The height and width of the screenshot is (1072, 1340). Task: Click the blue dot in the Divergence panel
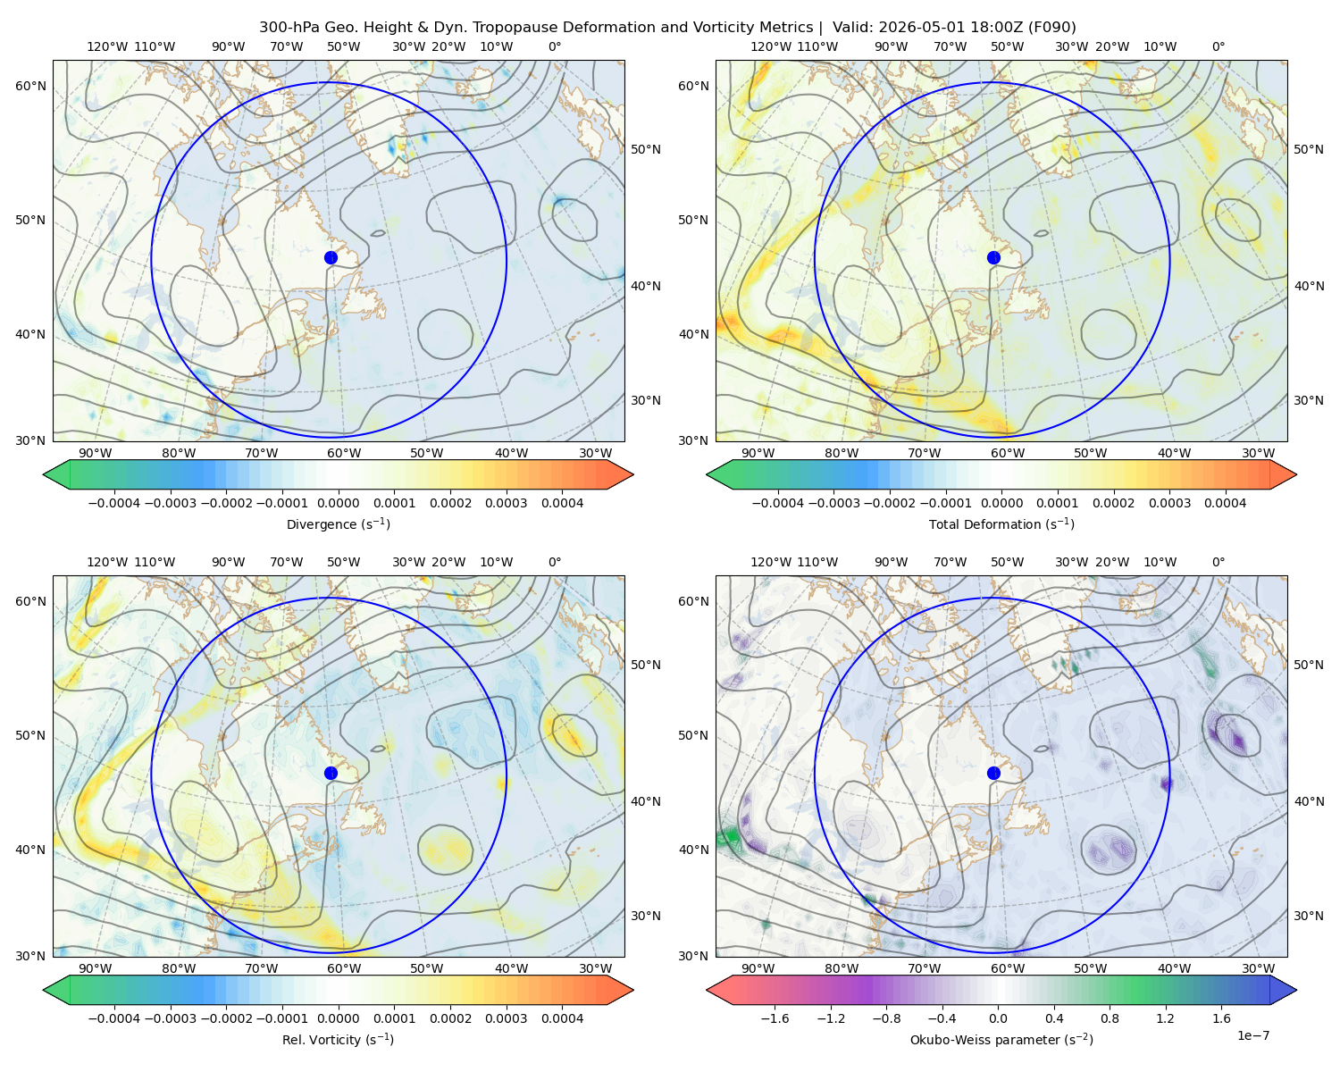[x=331, y=258]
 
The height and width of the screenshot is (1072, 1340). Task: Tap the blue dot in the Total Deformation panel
[x=993, y=258]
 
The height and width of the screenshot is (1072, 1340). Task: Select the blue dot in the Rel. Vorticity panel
[x=331, y=773]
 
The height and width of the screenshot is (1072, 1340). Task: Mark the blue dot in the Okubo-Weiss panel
[x=993, y=773]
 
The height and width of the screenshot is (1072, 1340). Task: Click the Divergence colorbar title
[x=338, y=524]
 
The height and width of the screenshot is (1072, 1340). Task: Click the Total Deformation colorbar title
[x=1001, y=524]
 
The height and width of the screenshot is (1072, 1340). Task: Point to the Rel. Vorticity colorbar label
[x=338, y=1040]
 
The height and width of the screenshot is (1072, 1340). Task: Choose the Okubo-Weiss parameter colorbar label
[x=1001, y=1040]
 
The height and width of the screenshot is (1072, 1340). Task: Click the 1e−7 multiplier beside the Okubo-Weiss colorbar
[x=1252, y=1035]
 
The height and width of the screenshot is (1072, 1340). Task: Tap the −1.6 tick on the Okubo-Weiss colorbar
[x=775, y=1018]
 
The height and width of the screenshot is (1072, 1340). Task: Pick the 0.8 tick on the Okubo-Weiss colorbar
[x=1110, y=1018]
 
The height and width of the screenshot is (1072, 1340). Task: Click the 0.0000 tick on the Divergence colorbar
[x=338, y=503]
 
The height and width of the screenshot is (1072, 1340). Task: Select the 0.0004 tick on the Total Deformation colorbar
[x=1226, y=503]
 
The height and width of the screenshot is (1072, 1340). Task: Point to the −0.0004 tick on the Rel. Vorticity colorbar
[x=114, y=1018]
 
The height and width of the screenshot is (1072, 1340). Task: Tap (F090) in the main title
[x=1051, y=28]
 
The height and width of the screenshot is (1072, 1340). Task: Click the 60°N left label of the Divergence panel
[x=30, y=86]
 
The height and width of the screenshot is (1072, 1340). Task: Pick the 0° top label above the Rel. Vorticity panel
[x=555, y=562]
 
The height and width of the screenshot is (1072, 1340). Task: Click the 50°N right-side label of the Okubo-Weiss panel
[x=1309, y=665]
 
